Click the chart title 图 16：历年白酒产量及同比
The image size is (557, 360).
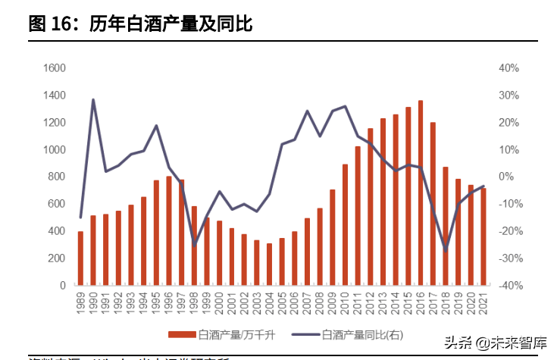(x=140, y=24)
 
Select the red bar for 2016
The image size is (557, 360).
(x=421, y=193)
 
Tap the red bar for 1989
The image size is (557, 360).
(x=80, y=258)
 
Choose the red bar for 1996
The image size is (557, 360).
(x=169, y=231)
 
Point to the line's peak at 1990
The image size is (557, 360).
(x=92, y=99)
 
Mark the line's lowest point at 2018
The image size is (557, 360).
(x=446, y=250)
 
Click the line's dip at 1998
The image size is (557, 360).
(x=194, y=245)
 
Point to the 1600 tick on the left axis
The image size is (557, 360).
(x=55, y=68)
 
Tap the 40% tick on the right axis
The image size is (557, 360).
(x=508, y=68)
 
